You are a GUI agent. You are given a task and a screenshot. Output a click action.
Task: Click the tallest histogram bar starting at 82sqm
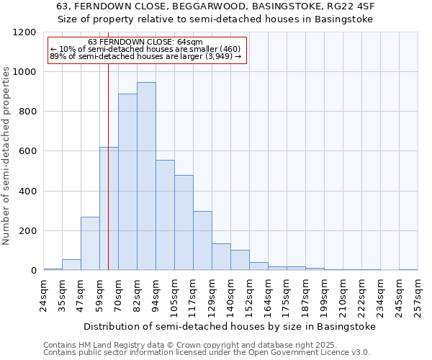coord(146,176)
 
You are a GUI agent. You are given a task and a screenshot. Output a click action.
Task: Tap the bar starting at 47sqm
coord(90,243)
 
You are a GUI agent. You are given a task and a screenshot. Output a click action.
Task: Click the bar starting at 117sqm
coord(202,240)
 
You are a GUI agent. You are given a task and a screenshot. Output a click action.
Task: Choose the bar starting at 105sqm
coord(184,222)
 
